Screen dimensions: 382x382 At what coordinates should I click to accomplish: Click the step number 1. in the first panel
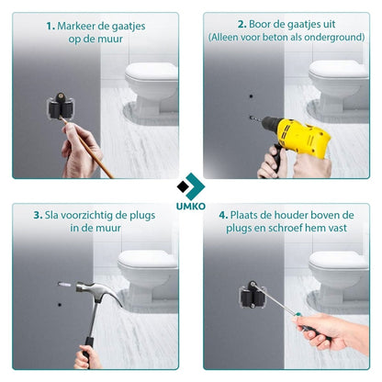tap(51, 27)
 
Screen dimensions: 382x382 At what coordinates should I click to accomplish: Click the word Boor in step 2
tap(258, 24)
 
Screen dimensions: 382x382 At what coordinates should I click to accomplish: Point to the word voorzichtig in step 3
tap(90, 216)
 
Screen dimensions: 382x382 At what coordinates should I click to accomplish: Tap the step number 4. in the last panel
tap(223, 215)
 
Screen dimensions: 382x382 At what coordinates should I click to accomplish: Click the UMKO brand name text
tap(191, 207)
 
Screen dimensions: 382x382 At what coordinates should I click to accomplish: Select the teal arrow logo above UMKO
tap(191, 186)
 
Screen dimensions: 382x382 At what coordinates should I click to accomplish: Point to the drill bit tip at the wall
tap(249, 117)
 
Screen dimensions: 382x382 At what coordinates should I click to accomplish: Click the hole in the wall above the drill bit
tap(251, 96)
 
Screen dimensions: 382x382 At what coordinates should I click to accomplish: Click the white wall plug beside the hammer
tap(64, 285)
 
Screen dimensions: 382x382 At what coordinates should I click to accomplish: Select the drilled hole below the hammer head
tap(60, 305)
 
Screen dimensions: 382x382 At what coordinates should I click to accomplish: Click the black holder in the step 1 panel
tap(61, 106)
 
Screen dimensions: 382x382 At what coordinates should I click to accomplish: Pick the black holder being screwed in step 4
tap(252, 295)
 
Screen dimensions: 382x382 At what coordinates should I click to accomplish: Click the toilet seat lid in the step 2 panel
tap(338, 69)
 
